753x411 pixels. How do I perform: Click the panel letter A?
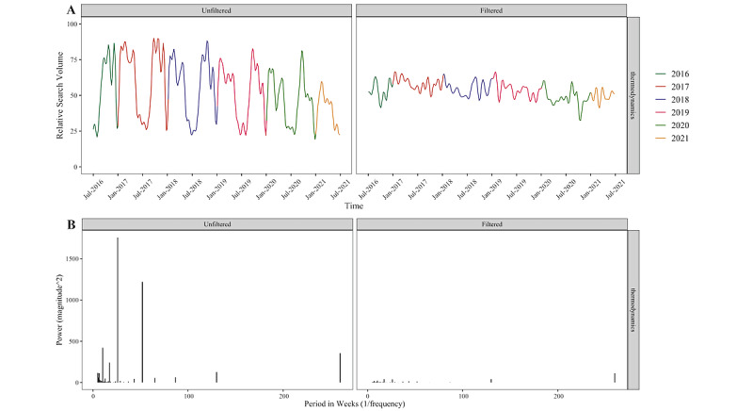click(x=72, y=10)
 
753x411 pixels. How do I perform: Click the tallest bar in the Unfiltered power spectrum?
click(x=118, y=311)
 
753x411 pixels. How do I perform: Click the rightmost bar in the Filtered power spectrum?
click(x=615, y=377)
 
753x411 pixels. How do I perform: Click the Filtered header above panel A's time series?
click(x=492, y=9)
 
